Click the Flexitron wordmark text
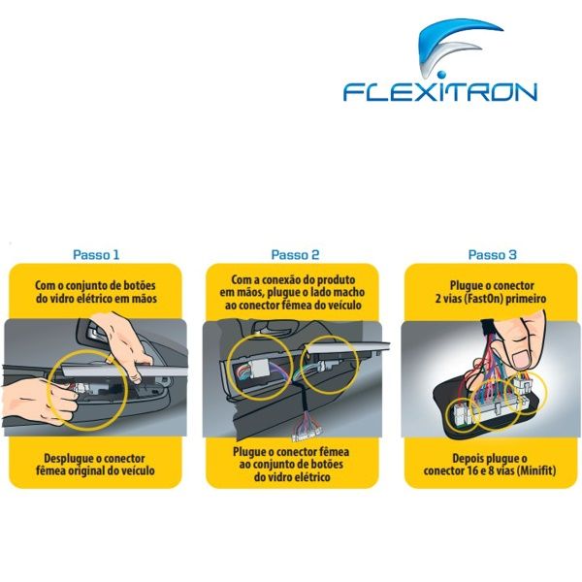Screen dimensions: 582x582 click(440, 91)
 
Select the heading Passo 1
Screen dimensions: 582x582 click(96, 254)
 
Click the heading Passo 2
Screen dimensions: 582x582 click(295, 254)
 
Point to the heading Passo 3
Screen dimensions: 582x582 click(492, 254)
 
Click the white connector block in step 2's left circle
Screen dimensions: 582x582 click(256, 372)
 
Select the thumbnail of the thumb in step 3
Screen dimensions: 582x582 click(524, 358)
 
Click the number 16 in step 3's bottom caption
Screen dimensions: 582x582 click(469, 470)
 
